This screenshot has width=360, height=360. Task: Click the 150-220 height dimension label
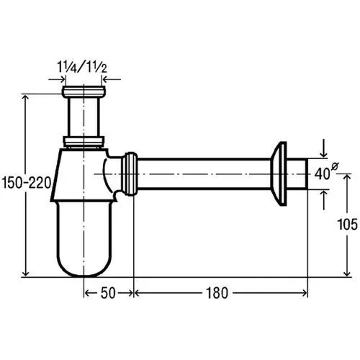coord(27,182)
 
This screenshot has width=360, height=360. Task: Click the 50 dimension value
coord(108,293)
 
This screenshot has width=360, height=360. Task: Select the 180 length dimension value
coord(217,293)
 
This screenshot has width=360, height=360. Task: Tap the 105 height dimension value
coord(347,225)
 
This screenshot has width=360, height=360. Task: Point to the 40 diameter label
coord(322,174)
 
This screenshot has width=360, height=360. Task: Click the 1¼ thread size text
coord(67,67)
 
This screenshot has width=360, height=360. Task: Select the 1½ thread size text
coord(96,67)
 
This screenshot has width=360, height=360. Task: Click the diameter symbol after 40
coord(335,166)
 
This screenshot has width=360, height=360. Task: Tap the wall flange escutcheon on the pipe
coord(279,174)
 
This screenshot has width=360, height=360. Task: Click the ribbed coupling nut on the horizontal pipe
coord(130,174)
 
